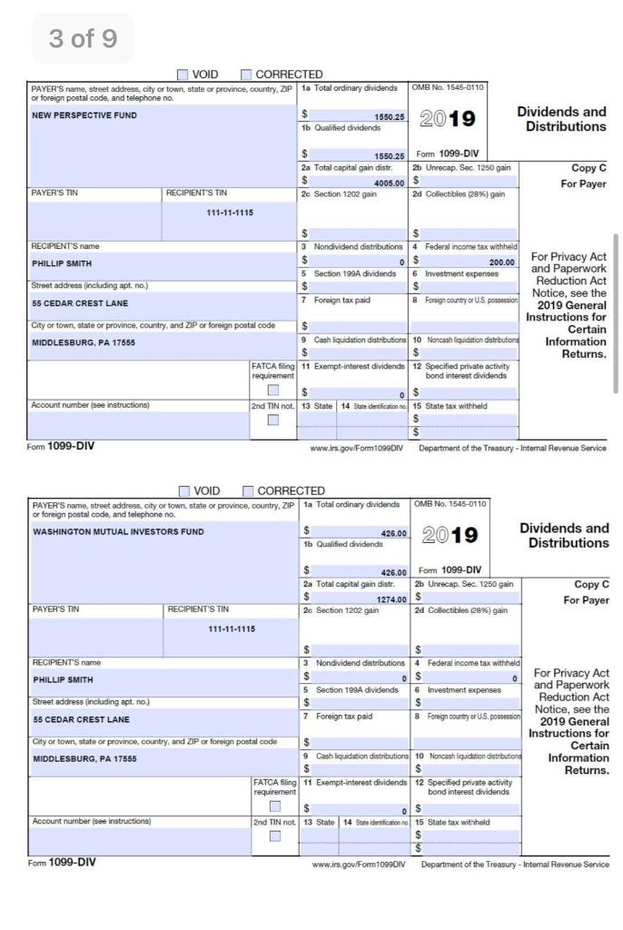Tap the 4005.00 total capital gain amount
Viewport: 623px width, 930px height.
(x=387, y=182)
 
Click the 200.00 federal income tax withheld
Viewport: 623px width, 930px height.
(x=499, y=262)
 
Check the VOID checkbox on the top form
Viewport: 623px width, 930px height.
(x=183, y=74)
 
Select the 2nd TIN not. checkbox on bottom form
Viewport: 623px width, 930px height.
(x=273, y=836)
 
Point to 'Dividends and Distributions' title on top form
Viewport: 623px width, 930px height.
(x=562, y=119)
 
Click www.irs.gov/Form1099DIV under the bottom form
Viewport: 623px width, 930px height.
(x=357, y=864)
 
